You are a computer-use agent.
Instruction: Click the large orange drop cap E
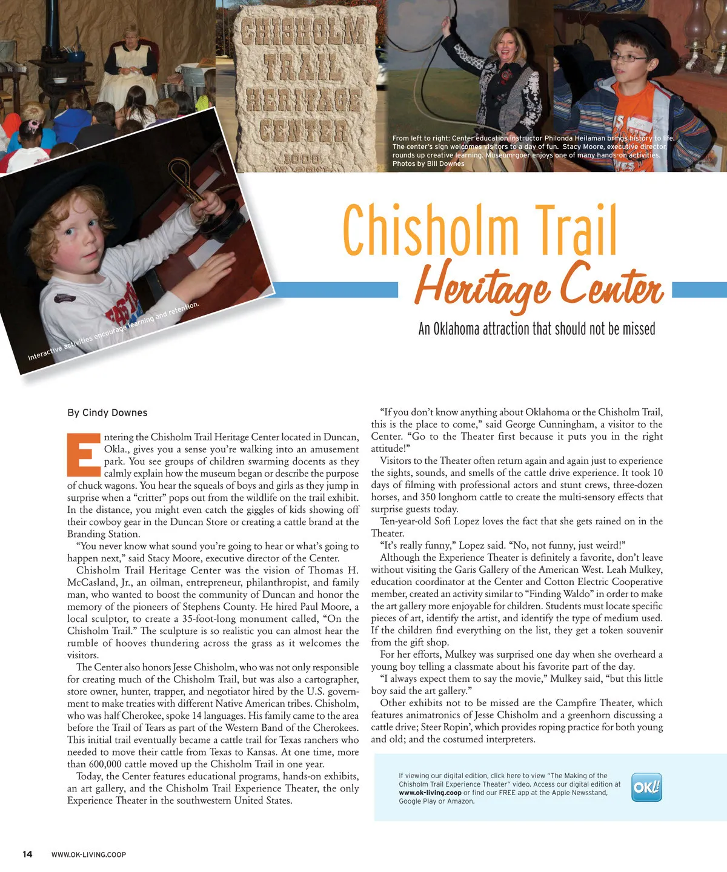(84, 454)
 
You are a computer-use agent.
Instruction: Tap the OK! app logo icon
(646, 787)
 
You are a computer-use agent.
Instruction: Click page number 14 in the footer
(27, 854)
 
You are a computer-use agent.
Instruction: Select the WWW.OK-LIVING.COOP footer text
(88, 855)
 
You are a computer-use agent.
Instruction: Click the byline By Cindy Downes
(107, 412)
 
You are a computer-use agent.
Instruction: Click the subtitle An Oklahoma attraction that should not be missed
(537, 329)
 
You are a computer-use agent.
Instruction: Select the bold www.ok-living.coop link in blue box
(430, 793)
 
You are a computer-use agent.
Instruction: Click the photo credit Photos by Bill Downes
(428, 163)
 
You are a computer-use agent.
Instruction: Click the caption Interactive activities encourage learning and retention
(113, 331)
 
